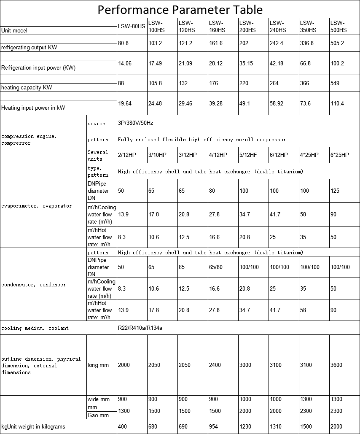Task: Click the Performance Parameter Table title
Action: coord(180,9)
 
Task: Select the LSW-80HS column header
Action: coord(132,27)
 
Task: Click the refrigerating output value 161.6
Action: coord(216,43)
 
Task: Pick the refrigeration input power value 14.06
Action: coord(125,64)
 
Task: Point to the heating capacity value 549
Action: coord(335,84)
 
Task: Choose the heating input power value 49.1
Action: coord(245,103)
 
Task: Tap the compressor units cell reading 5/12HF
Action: coord(248,155)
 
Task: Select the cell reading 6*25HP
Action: coord(340,155)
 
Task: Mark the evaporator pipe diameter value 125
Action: coord(335,191)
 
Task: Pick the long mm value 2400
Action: coord(215,365)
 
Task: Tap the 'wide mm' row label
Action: coord(98,399)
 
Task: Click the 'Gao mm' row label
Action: coord(98,415)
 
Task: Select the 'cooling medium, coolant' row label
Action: coord(35,328)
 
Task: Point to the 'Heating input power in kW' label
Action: coord(33,108)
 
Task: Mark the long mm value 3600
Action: coord(336,365)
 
